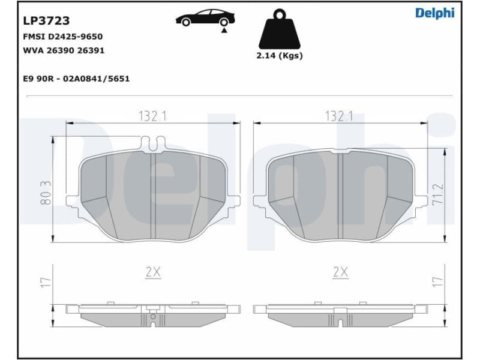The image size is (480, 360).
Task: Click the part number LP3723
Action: point(46,21)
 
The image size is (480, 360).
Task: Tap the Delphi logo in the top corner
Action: point(435,13)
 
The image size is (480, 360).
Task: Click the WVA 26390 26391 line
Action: point(64,50)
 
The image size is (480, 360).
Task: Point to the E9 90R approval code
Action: point(76,79)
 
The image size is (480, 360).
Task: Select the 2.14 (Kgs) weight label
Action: point(280,56)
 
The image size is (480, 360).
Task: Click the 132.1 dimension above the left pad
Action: point(153,116)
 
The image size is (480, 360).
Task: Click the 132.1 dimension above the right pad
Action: point(339,116)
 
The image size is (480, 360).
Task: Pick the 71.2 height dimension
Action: point(439,195)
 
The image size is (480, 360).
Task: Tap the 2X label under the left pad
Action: point(153,272)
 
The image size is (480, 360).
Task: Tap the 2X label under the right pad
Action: point(340,272)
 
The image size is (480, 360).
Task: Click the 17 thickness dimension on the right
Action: point(439,281)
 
